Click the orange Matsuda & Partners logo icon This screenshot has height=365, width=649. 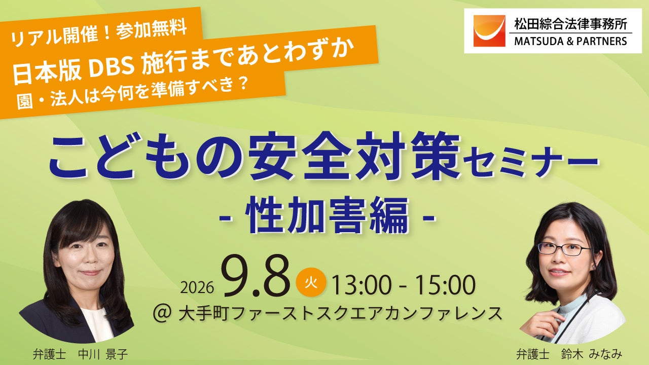[x=489, y=31]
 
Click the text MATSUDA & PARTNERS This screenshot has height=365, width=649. [x=570, y=41]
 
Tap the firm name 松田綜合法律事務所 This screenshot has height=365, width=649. [x=571, y=24]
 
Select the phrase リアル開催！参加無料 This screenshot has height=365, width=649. [x=99, y=34]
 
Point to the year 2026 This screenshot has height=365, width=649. [x=197, y=287]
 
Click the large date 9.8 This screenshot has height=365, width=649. [x=257, y=276]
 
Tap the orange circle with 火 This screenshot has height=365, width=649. [x=311, y=282]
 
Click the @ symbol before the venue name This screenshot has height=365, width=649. [x=162, y=314]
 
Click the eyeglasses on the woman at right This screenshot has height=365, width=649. [x=563, y=249]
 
